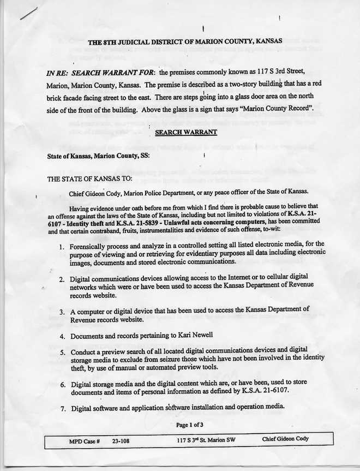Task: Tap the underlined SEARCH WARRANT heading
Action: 186,132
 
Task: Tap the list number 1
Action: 62,244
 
